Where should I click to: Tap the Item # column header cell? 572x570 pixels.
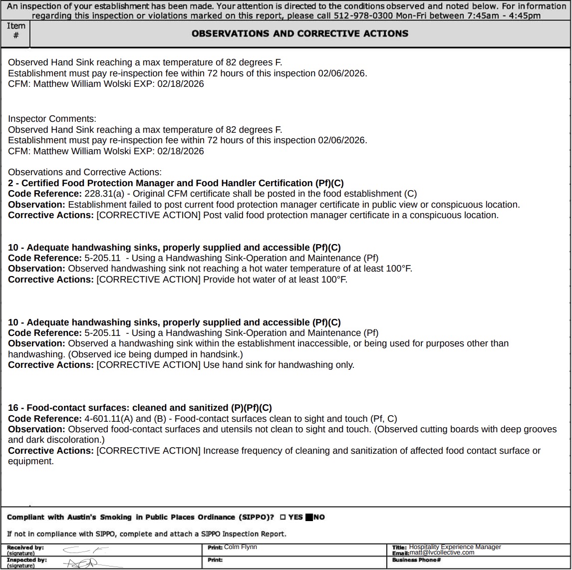point(15,34)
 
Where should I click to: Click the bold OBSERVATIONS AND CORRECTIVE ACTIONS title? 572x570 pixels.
point(299,34)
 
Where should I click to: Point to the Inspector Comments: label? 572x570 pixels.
point(52,119)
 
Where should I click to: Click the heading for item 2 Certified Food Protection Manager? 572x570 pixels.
point(176,183)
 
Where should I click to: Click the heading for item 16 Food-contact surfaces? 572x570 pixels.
point(140,408)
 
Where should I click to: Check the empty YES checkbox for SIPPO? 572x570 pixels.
point(283,517)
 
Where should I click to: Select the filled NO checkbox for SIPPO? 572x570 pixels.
point(309,517)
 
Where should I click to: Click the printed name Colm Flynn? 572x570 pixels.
point(241,547)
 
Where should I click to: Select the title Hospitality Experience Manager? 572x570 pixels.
point(455,547)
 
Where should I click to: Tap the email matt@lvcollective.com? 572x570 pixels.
point(442,553)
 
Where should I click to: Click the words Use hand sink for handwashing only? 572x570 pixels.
point(279,365)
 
